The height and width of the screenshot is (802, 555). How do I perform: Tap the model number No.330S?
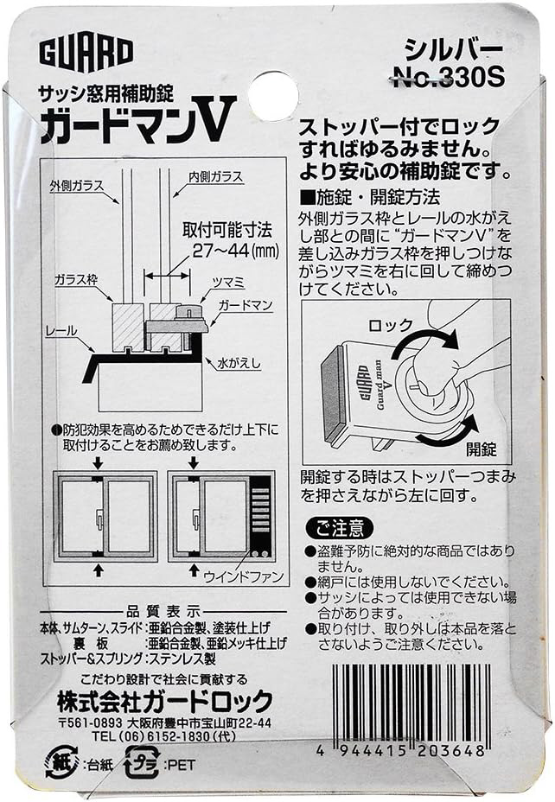tap(448, 78)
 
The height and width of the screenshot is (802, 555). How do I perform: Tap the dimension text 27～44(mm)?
tap(228, 251)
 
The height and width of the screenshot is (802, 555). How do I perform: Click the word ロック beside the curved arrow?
tap(391, 325)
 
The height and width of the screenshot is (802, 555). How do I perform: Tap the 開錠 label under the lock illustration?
tap(482, 449)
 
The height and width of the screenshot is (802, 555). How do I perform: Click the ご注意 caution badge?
tap(340, 528)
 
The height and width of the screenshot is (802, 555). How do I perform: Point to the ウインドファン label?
tap(244, 577)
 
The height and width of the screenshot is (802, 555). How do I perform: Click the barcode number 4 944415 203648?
tap(400, 751)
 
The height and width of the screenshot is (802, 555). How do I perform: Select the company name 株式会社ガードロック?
tap(165, 701)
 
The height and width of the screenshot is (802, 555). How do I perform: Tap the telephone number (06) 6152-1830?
tap(163, 736)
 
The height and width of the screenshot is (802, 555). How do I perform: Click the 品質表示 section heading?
tap(163, 611)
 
